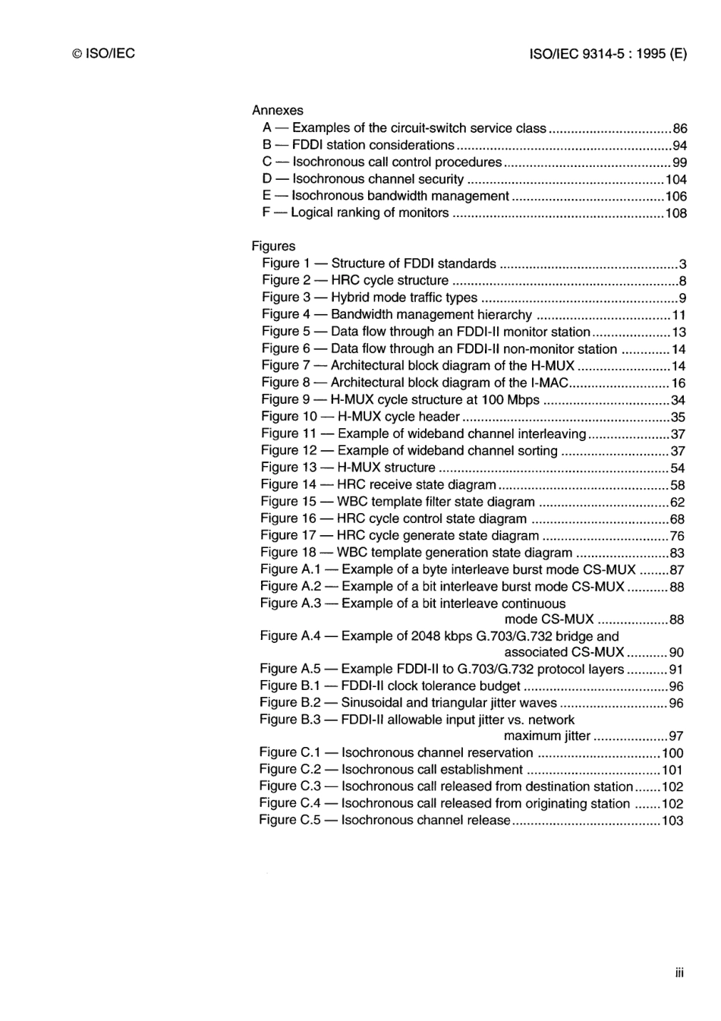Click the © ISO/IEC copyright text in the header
tap(103, 53)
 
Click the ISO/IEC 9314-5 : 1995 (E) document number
tap(607, 53)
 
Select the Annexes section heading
tap(277, 110)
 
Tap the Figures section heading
tap(273, 246)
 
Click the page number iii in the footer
tap(679, 972)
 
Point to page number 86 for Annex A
tap(680, 129)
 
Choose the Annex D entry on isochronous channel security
tap(363, 179)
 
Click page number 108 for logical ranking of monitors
tap(675, 213)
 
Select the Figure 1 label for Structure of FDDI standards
tap(286, 263)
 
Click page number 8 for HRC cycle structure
tap(683, 281)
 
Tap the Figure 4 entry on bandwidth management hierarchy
tap(397, 314)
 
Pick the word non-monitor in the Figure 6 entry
tap(578, 349)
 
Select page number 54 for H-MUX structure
tap(678, 468)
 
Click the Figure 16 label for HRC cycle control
tap(288, 518)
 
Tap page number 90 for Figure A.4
tap(677, 652)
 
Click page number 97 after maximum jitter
tap(676, 736)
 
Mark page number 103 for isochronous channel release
tap(672, 821)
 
